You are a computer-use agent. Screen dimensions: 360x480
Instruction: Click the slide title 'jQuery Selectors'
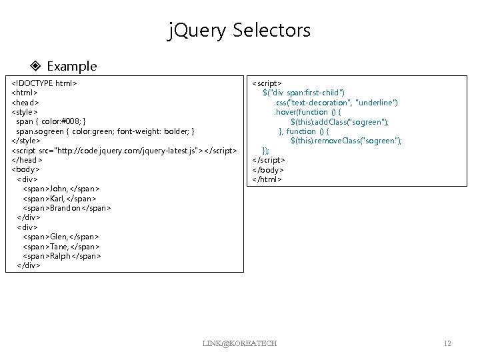click(239, 30)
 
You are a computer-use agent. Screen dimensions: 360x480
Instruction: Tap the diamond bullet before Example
click(37, 66)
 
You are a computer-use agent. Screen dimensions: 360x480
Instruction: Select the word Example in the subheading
click(72, 66)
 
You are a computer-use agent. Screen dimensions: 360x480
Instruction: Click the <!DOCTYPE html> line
click(45, 84)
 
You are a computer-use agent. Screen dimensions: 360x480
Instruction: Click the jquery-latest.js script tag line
click(124, 151)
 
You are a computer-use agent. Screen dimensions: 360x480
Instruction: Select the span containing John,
click(61, 189)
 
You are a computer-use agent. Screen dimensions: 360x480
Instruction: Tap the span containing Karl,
click(59, 198)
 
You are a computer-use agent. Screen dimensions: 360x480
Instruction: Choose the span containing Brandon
click(67, 208)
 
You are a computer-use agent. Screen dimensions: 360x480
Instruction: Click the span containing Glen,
click(61, 237)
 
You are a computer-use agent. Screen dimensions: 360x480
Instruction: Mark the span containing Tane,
click(61, 246)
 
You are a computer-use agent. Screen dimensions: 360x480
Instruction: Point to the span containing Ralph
click(62, 255)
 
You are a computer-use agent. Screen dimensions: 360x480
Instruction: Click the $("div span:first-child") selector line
click(304, 93)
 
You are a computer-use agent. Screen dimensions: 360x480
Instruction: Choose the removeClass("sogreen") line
click(346, 141)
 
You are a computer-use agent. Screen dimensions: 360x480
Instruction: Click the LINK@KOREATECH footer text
click(239, 343)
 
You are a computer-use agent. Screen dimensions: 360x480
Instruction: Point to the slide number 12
click(447, 343)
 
